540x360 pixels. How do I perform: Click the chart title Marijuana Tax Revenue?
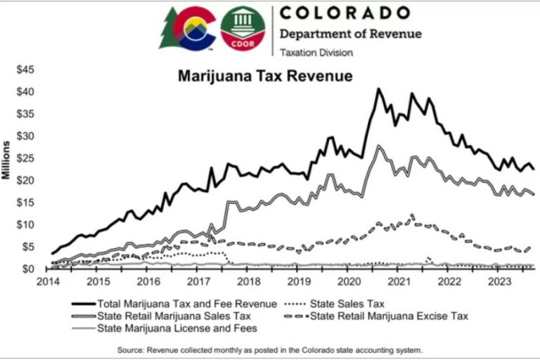[264, 75]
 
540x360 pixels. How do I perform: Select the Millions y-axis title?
[6, 160]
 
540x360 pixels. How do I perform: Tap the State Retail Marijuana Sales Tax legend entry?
[165, 316]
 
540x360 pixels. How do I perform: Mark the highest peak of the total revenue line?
[378, 89]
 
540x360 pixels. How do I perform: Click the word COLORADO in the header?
[345, 13]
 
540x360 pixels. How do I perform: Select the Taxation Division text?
[317, 52]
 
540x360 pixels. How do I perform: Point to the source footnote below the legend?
[270, 349]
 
